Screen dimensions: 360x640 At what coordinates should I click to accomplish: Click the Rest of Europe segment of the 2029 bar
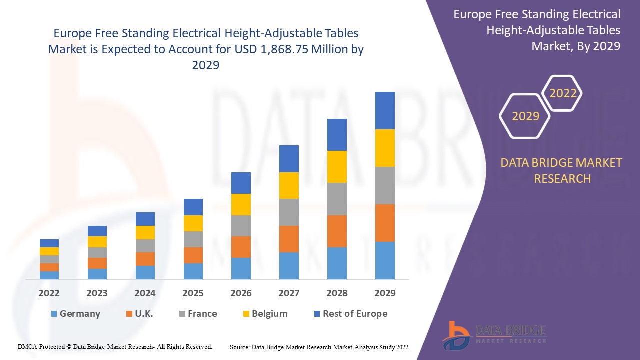pyautogui.click(x=385, y=110)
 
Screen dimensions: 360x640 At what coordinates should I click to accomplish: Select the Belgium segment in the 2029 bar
pyautogui.click(x=385, y=148)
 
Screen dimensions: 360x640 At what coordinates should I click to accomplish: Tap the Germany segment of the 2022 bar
pyautogui.click(x=49, y=275)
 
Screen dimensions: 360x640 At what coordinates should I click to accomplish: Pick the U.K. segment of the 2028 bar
pyautogui.click(x=337, y=231)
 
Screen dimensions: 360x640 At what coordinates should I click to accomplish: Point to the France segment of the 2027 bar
pyautogui.click(x=289, y=212)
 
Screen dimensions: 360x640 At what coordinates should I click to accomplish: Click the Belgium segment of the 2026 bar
pyautogui.click(x=241, y=204)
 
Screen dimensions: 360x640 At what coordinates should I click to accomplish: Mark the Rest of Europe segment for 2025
pyautogui.click(x=193, y=207)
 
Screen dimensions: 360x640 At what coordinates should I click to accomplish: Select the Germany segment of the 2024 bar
pyautogui.click(x=145, y=272)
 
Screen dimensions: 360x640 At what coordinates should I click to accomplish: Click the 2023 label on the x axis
pyautogui.click(x=97, y=293)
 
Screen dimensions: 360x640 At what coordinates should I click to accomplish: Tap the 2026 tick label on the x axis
pyautogui.click(x=241, y=293)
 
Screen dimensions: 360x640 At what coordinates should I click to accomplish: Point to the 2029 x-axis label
pyautogui.click(x=385, y=293)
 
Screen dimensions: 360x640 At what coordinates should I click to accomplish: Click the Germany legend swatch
pyautogui.click(x=54, y=314)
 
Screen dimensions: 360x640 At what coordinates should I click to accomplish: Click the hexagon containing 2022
pyautogui.click(x=563, y=93)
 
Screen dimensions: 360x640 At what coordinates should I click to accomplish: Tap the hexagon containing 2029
pyautogui.click(x=525, y=116)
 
